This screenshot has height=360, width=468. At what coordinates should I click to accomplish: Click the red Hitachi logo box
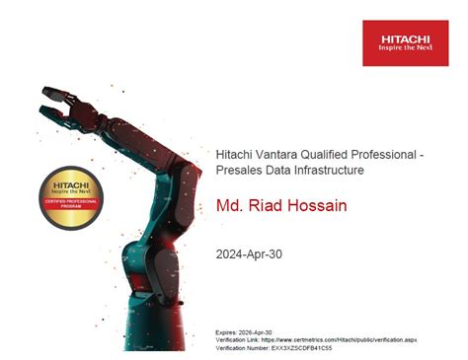coord(405,42)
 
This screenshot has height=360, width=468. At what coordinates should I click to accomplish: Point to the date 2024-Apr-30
coord(249,253)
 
